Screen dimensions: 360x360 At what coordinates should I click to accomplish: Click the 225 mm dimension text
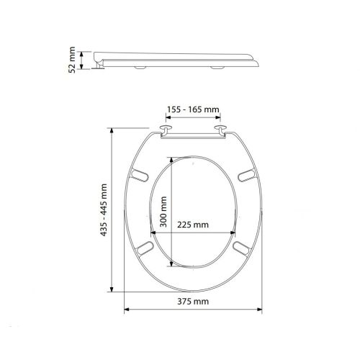point(193,224)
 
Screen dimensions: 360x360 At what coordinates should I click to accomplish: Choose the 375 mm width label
point(193,302)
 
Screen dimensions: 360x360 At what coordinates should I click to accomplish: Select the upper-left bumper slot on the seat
point(140,174)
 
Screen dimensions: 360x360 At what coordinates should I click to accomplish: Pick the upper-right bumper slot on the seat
point(247,174)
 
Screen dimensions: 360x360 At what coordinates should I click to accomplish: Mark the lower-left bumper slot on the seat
point(145,247)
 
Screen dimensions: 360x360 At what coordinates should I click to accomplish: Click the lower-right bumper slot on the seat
point(242,247)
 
